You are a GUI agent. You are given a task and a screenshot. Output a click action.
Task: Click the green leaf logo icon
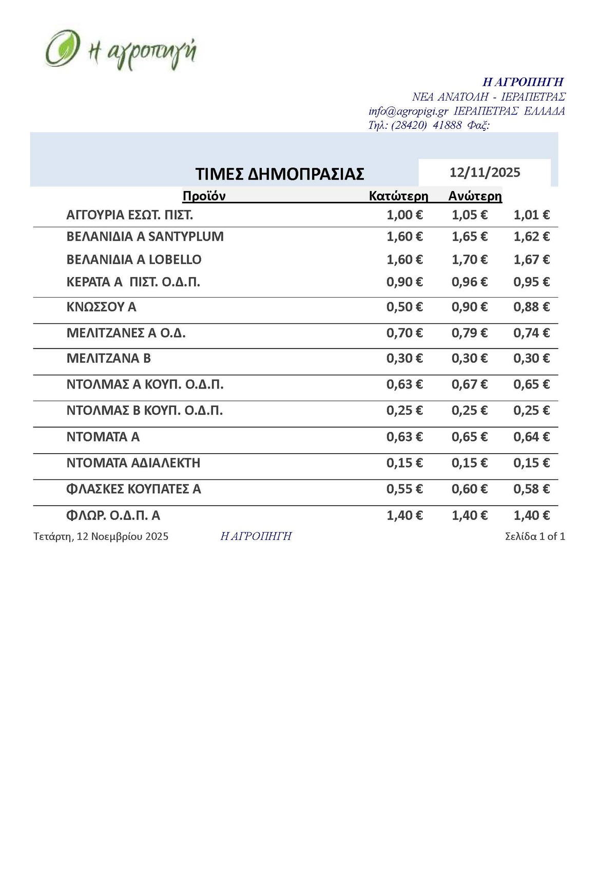click(62, 49)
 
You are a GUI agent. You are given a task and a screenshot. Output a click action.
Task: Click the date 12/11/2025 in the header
click(485, 172)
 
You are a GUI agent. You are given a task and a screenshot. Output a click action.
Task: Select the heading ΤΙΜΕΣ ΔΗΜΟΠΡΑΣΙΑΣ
click(280, 174)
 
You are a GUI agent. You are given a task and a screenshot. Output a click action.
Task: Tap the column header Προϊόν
click(204, 196)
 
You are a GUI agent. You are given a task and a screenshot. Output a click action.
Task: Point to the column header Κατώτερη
click(398, 196)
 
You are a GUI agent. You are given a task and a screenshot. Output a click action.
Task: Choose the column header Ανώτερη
click(475, 196)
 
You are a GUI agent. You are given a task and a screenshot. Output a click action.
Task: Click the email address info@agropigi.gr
click(409, 111)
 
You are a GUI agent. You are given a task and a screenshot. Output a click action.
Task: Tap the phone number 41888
click(447, 125)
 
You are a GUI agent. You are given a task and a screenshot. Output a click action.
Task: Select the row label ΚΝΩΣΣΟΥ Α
click(102, 307)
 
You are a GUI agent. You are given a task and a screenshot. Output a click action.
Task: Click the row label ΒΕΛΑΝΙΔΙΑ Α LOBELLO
click(134, 260)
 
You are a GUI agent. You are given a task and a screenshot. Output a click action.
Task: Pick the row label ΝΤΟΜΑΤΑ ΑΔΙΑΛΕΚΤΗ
click(133, 463)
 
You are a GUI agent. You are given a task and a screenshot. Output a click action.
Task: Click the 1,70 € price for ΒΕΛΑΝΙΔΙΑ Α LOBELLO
click(469, 260)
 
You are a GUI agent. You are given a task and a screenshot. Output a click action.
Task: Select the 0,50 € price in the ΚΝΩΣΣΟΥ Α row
click(405, 307)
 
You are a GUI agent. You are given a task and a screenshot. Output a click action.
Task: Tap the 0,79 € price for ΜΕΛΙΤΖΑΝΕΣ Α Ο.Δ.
click(469, 333)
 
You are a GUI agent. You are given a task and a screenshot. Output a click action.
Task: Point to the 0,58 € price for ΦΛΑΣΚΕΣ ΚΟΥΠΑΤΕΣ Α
click(531, 489)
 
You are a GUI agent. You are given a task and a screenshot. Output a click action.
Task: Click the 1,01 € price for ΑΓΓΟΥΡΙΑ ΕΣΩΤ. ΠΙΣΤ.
click(531, 215)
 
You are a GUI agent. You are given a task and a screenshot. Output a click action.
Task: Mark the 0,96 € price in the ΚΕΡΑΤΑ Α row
click(469, 282)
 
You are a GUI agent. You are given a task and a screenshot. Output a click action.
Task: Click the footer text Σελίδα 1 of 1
click(535, 536)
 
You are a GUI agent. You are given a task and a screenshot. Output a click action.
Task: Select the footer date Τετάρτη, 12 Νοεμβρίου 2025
click(101, 536)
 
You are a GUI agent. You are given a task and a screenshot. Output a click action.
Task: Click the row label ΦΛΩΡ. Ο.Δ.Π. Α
click(113, 515)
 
